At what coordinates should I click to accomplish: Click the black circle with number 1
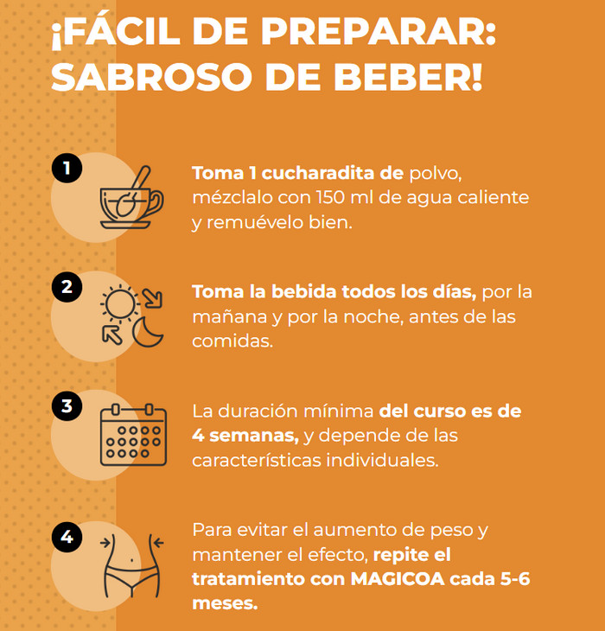[x=67, y=168]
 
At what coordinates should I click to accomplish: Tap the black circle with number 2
[x=67, y=286]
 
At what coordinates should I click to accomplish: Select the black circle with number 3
[x=67, y=405]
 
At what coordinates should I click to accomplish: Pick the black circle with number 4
[x=67, y=537]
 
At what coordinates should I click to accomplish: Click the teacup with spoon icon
[x=131, y=198]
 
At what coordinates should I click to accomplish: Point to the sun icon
[x=120, y=303]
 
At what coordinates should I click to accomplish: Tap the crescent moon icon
[x=147, y=332]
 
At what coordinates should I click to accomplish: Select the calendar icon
[x=133, y=435]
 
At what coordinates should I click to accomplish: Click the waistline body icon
[x=132, y=566]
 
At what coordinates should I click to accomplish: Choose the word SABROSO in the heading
[x=151, y=76]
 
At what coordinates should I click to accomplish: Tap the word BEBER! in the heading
[x=407, y=76]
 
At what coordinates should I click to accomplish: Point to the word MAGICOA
[x=398, y=578]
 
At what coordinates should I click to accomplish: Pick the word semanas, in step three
[x=254, y=436]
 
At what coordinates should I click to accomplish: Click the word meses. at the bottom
[x=225, y=603]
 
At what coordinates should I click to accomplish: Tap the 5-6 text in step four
[x=515, y=578]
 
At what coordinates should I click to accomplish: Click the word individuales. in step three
[x=382, y=460]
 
